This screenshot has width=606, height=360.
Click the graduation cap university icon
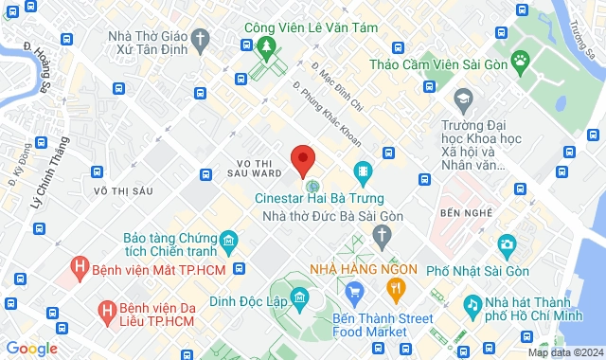(x=463, y=98)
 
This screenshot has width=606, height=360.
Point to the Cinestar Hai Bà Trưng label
(x=320, y=198)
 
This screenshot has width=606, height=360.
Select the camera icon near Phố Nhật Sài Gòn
(x=507, y=246)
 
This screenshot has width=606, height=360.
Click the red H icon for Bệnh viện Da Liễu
(x=108, y=309)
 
